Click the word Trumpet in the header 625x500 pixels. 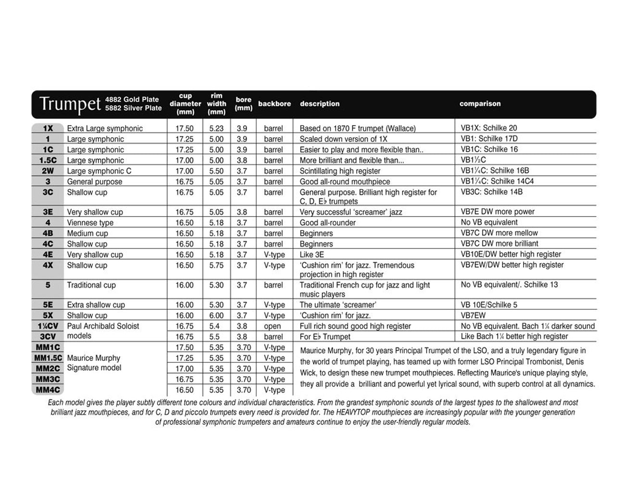tap(70, 104)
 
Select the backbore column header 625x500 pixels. tap(275, 104)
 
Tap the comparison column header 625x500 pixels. tap(480, 103)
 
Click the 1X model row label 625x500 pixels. tap(48, 128)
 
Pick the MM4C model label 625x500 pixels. tap(48, 390)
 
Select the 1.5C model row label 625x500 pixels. tap(48, 160)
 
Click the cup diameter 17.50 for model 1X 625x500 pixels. tap(185, 128)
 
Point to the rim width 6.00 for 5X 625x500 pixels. tap(216, 316)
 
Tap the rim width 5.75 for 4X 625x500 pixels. tap(216, 265)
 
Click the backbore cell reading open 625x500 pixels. tap(273, 326)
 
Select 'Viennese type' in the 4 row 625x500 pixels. tap(90, 223)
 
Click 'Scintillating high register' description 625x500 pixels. tap(340, 171)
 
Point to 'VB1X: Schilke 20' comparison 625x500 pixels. tap(489, 128)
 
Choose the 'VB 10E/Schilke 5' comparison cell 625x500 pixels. tap(489, 305)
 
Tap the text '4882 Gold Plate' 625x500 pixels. tap(132, 100)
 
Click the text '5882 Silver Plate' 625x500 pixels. tap(133, 108)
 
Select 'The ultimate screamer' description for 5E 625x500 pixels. tap(337, 305)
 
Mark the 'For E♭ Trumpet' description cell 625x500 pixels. tap(325, 337)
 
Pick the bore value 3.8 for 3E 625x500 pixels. tap(242, 212)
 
